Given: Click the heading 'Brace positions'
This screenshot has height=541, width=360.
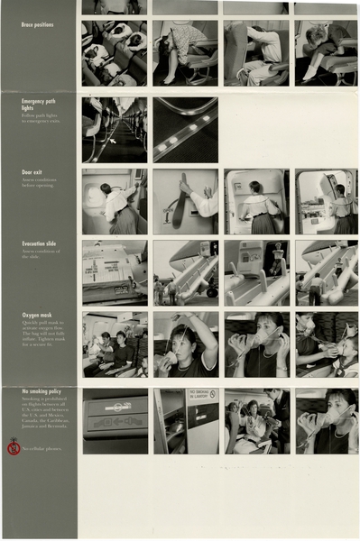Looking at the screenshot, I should click(37, 25).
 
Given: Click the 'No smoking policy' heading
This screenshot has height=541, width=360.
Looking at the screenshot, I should click(42, 391).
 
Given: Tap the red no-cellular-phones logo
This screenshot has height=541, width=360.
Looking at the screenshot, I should click(14, 446).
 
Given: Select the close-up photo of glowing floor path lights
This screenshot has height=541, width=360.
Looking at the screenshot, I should click(185, 130).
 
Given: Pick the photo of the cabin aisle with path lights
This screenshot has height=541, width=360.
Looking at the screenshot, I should click(115, 130).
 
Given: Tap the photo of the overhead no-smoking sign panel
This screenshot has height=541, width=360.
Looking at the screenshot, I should click(115, 420).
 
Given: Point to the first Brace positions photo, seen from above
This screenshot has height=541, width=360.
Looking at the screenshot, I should click(115, 53).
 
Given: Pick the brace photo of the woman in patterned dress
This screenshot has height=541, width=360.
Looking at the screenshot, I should click(185, 53).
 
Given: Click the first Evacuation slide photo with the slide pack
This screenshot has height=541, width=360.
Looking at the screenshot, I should click(115, 272).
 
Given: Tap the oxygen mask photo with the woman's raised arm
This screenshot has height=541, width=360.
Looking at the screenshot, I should click(185, 344).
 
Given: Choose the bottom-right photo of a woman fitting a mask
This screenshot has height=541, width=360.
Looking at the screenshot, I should click(327, 420).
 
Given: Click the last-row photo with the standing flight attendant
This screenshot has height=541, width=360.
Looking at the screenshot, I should click(256, 420).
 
